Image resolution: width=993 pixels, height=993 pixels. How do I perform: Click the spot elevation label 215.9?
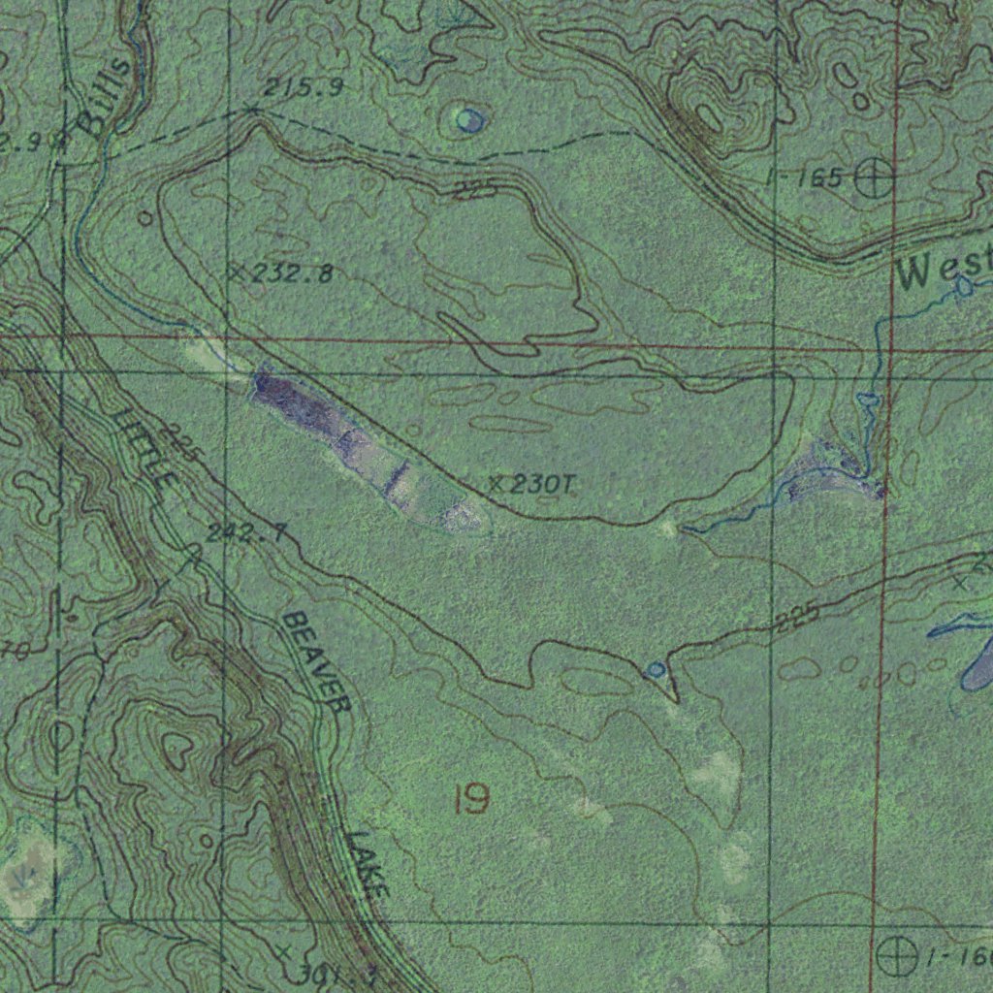[303, 88]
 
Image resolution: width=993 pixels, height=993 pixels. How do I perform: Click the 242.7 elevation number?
[246, 532]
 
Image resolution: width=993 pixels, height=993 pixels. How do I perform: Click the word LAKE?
[369, 863]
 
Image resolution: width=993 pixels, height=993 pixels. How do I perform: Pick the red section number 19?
[470, 800]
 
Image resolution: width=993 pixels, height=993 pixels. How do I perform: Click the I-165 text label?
[804, 177]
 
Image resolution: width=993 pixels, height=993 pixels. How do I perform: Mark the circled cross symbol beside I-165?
[875, 178]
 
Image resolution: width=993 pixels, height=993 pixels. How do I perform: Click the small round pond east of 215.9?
[470, 120]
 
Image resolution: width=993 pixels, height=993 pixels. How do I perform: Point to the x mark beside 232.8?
[237, 272]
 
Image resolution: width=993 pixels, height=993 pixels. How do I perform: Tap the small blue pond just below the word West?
[963, 286]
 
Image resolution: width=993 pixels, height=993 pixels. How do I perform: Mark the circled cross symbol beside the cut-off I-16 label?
[896, 956]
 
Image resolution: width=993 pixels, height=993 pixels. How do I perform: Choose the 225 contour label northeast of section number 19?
[798, 618]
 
